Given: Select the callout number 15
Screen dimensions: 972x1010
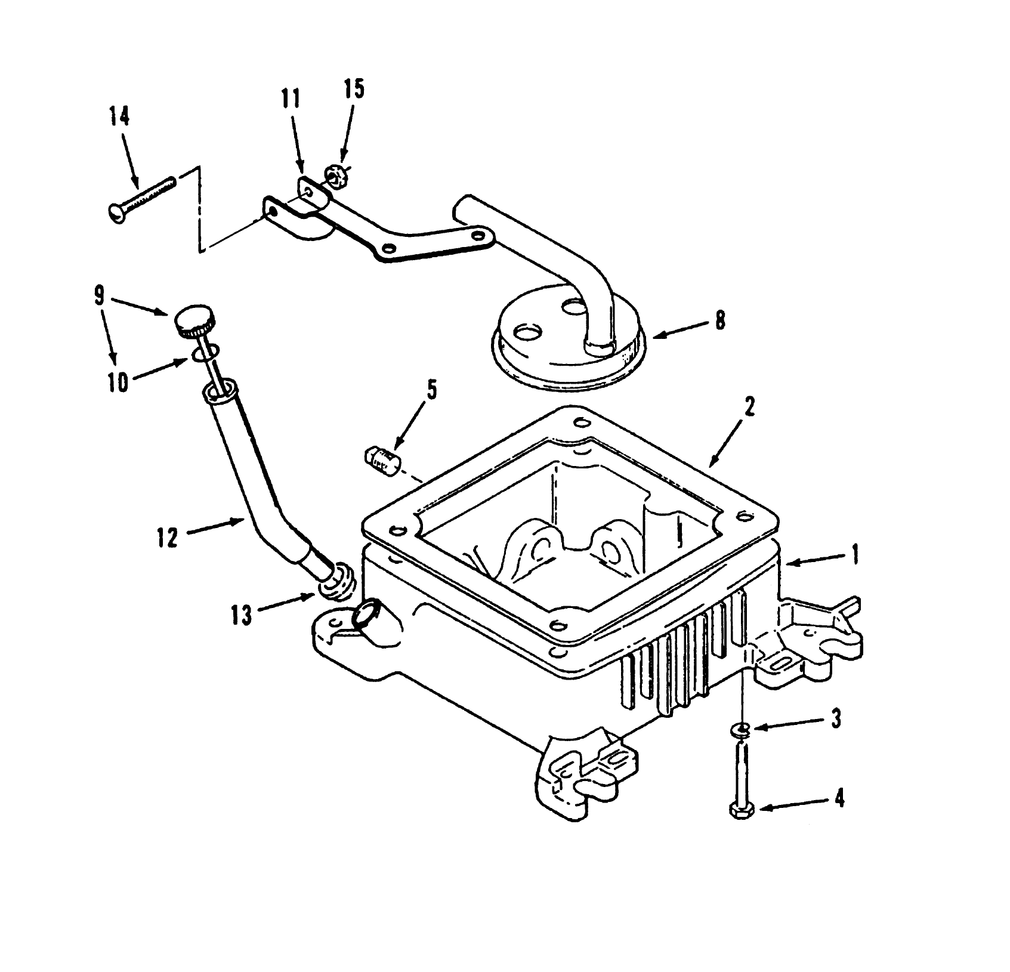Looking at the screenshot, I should pyautogui.click(x=353, y=89).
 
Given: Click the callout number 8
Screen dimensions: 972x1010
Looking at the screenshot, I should pyautogui.click(x=720, y=320).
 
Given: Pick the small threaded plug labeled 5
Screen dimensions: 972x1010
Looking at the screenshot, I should pyautogui.click(x=382, y=460).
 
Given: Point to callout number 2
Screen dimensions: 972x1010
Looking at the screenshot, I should pyautogui.click(x=749, y=407).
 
